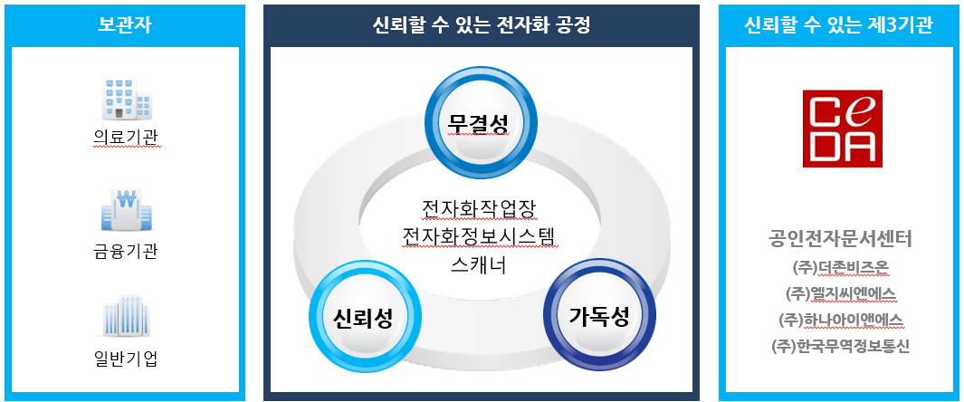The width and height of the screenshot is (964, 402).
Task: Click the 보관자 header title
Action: (125, 24)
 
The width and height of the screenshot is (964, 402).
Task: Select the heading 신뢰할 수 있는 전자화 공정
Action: (481, 24)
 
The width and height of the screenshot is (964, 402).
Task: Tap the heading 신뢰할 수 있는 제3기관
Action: (839, 24)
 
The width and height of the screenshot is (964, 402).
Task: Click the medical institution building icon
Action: (125, 99)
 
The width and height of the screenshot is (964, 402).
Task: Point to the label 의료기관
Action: (125, 138)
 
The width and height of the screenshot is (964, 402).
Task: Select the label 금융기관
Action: (125, 251)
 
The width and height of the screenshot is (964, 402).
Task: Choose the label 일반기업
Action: (125, 359)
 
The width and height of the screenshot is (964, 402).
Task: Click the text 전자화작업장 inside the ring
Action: (480, 208)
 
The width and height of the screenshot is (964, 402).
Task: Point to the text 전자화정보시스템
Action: (480, 237)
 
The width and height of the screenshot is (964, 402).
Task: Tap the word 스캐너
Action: (480, 266)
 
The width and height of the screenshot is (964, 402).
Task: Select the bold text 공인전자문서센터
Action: (839, 239)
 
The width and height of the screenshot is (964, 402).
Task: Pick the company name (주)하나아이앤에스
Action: (839, 320)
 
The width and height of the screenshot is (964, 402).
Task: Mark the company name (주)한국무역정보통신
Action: (839, 346)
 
